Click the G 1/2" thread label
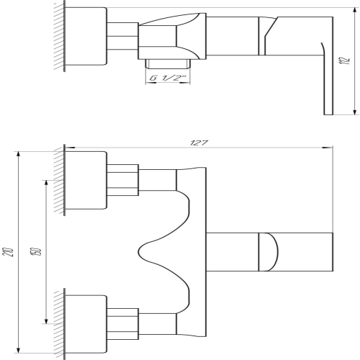click(168, 78)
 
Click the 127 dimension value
click(199, 143)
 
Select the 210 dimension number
click(12, 251)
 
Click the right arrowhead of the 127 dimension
click(328, 148)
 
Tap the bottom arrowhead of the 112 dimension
click(354, 110)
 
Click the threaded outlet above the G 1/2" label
click(168, 64)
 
